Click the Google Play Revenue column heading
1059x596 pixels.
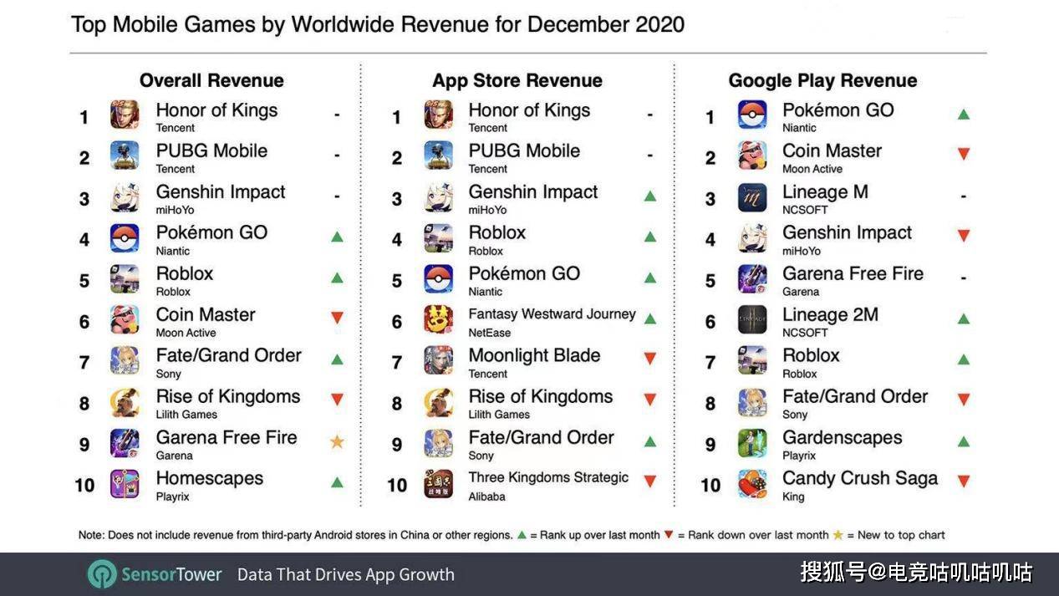point(822,80)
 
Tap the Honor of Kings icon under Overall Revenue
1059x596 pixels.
point(125,115)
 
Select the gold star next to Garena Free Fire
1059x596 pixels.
point(337,442)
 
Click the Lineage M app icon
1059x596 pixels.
point(752,197)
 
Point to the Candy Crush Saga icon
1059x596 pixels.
point(752,484)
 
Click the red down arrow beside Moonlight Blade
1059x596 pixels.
point(650,359)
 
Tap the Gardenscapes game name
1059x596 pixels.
point(842,438)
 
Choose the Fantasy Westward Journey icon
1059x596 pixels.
point(438,319)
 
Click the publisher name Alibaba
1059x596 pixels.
point(486,497)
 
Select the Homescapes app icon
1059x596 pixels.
point(125,483)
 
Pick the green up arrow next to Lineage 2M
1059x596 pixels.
point(964,319)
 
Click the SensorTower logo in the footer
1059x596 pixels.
point(154,574)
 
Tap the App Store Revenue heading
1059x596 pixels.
point(517,80)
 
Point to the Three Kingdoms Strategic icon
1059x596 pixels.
point(438,483)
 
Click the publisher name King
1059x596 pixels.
point(793,497)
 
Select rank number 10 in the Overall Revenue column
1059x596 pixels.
point(84,486)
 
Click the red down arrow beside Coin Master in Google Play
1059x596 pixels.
point(964,154)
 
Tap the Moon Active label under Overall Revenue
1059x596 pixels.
point(186,333)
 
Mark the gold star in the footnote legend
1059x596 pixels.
point(838,534)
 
